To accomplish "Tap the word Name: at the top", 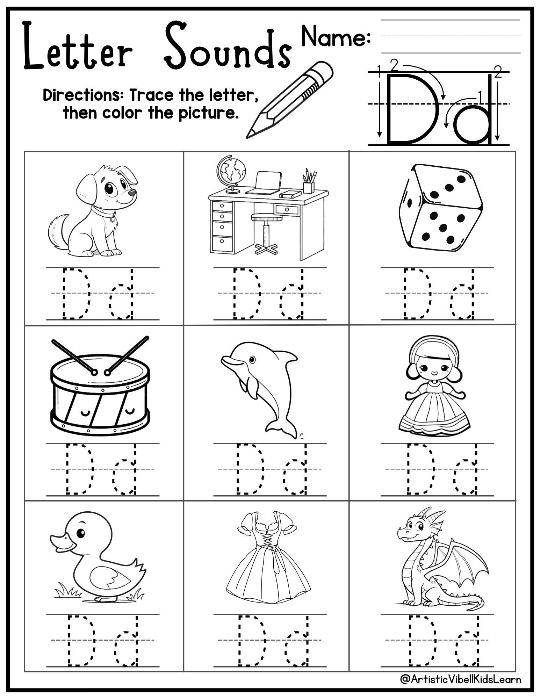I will pyautogui.click(x=336, y=37).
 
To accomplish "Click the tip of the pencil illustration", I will pyautogui.click(x=249, y=135).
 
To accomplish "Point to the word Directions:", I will pyautogui.click(x=84, y=95).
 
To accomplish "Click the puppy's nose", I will pyautogui.click(x=132, y=193).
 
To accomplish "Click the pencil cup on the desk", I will pyautogui.click(x=308, y=187).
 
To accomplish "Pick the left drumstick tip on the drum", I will pyautogui.click(x=94, y=373).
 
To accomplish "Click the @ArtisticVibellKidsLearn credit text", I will pyautogui.click(x=461, y=679).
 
